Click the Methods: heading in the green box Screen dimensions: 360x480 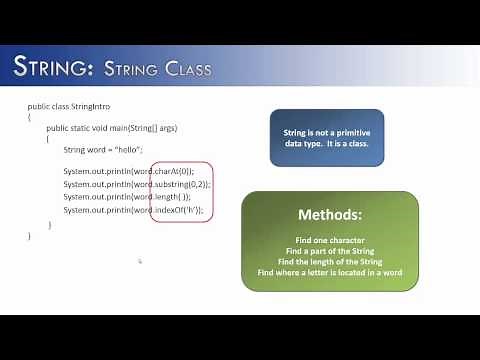coord(329,215)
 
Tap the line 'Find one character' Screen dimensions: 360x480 coord(329,240)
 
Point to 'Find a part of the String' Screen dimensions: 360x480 coord(329,251)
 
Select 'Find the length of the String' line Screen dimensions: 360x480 coord(329,261)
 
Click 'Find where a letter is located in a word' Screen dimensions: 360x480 coord(329,272)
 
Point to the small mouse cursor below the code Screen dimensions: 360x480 coord(140,261)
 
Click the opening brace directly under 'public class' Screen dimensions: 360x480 coord(30,117)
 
